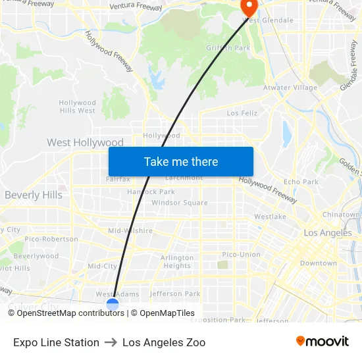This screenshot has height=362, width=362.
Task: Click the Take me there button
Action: click(181, 161)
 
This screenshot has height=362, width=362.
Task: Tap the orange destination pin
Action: click(249, 7)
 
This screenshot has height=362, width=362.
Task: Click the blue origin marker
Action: click(113, 304)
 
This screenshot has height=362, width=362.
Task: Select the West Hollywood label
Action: click(85, 143)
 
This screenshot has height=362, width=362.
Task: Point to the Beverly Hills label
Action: click(34, 195)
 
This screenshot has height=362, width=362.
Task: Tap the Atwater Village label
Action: click(290, 88)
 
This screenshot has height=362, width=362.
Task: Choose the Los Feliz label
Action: click(242, 113)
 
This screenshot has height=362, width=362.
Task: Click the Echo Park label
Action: click(301, 182)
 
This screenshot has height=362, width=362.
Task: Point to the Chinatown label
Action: click(342, 215)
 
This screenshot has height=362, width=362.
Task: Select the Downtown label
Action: click(318, 263)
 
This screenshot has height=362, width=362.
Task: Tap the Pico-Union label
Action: click(241, 254)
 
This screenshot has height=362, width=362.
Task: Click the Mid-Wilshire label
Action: click(130, 231)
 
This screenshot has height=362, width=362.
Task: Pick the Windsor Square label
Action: click(180, 203)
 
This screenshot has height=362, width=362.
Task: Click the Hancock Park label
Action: click(151, 192)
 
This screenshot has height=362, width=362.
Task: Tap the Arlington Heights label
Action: click(177, 261)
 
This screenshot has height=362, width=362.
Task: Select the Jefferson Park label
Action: click(175, 294)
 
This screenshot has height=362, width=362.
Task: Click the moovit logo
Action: click(322, 341)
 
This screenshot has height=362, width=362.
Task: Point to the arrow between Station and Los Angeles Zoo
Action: click(111, 342)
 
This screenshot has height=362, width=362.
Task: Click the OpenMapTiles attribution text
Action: click(167, 313)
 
